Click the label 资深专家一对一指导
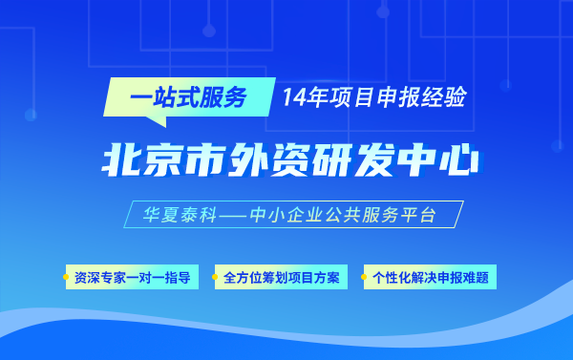132,279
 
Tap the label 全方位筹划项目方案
280,279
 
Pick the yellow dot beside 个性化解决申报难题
364,279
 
